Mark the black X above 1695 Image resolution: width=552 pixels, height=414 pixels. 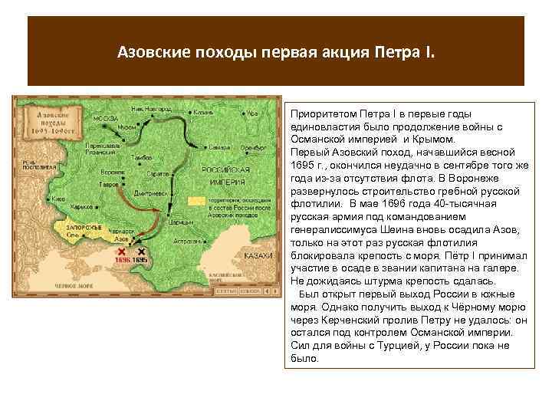coord(140,251)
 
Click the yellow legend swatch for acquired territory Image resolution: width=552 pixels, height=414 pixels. coord(196,201)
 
